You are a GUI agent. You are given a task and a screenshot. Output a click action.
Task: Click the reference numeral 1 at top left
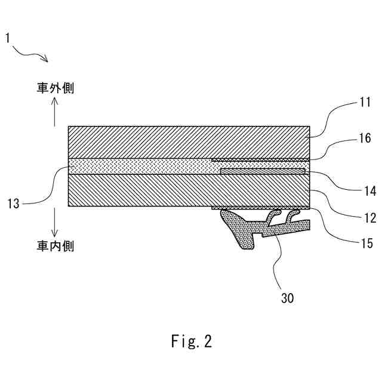pos(7,39)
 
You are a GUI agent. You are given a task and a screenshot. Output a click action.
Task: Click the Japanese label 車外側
pos(54,88)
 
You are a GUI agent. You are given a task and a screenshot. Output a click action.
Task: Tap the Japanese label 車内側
pos(54,245)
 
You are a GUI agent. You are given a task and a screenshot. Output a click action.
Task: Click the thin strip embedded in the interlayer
pos(263,171)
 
